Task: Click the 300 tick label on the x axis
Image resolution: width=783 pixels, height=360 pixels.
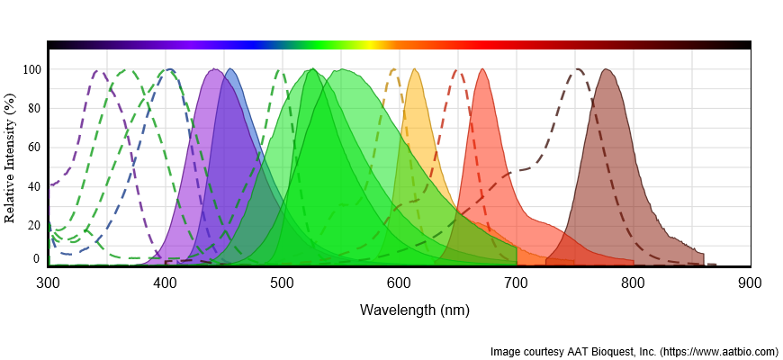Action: click(48, 283)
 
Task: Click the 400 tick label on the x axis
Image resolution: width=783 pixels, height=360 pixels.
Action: click(165, 283)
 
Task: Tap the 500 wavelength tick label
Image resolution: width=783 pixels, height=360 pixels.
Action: click(282, 283)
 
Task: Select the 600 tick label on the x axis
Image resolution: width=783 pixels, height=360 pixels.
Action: click(399, 283)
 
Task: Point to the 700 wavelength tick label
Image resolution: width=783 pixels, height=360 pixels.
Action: click(516, 283)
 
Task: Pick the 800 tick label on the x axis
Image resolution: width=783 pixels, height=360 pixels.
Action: click(633, 283)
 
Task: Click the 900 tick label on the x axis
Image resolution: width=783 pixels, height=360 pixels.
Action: click(750, 283)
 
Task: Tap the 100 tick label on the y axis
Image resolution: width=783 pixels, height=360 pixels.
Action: click(31, 69)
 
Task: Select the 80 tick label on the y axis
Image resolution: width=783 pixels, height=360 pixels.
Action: click(33, 108)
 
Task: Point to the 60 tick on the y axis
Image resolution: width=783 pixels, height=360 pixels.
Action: click(33, 147)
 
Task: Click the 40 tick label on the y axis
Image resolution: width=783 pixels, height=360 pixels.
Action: click(33, 186)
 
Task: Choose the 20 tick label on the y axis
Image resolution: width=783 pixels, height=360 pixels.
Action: click(33, 225)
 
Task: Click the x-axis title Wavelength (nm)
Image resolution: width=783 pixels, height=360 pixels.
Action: click(414, 310)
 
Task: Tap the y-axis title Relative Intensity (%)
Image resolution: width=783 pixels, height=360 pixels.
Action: click(10, 157)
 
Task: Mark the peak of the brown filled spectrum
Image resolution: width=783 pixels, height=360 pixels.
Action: click(608, 69)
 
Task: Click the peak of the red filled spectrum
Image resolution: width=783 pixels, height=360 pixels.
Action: click(483, 69)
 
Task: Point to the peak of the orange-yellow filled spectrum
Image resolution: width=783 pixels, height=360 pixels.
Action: click(414, 69)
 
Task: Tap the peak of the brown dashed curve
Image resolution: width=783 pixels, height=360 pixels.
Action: click(579, 69)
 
